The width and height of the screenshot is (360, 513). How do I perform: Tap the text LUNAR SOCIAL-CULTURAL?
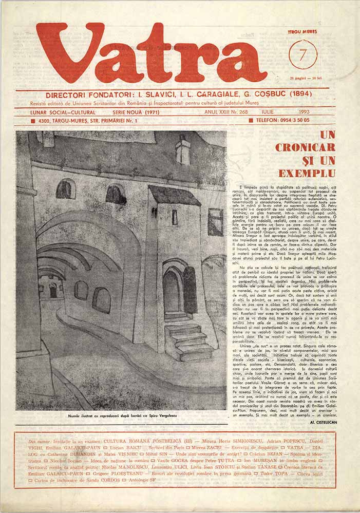point(63,112)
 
